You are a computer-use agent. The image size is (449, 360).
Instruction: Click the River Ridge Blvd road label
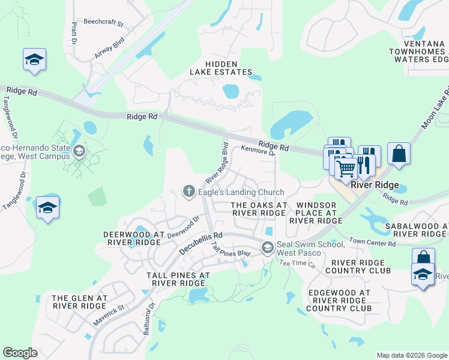(217, 163)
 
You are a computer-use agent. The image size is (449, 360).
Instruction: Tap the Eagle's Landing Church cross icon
(188, 191)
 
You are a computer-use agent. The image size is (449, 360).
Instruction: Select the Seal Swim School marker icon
(267, 247)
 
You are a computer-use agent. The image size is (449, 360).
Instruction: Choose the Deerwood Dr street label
(182, 228)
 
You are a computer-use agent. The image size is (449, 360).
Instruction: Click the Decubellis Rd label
(200, 243)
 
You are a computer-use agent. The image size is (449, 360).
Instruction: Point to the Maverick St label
(108, 316)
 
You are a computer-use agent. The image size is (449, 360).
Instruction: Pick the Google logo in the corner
(20, 353)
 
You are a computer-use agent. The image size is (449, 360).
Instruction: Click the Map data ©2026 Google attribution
(411, 355)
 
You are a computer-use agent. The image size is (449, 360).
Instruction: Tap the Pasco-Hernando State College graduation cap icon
(79, 151)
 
